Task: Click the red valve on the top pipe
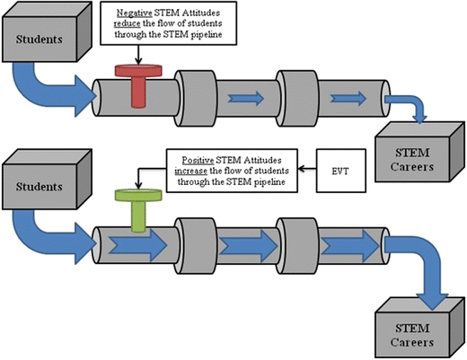(135, 84)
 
